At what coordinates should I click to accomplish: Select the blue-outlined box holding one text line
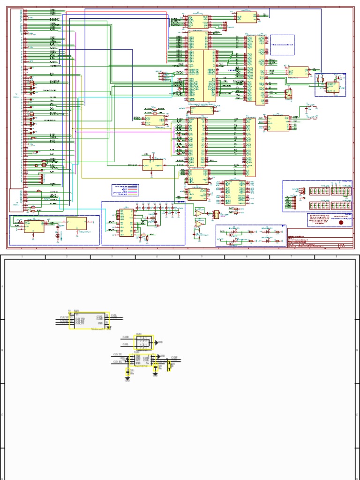(281, 45)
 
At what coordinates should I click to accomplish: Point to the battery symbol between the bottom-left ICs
(58, 229)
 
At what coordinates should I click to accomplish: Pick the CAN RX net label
(118, 361)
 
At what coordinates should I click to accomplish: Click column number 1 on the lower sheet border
(22, 257)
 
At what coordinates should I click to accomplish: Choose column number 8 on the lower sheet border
(336, 257)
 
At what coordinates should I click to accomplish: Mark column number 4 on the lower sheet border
(157, 257)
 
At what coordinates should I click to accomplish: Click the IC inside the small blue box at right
(332, 87)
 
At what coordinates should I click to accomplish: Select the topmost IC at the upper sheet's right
(246, 17)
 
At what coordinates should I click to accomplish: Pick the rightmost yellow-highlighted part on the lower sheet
(169, 365)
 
